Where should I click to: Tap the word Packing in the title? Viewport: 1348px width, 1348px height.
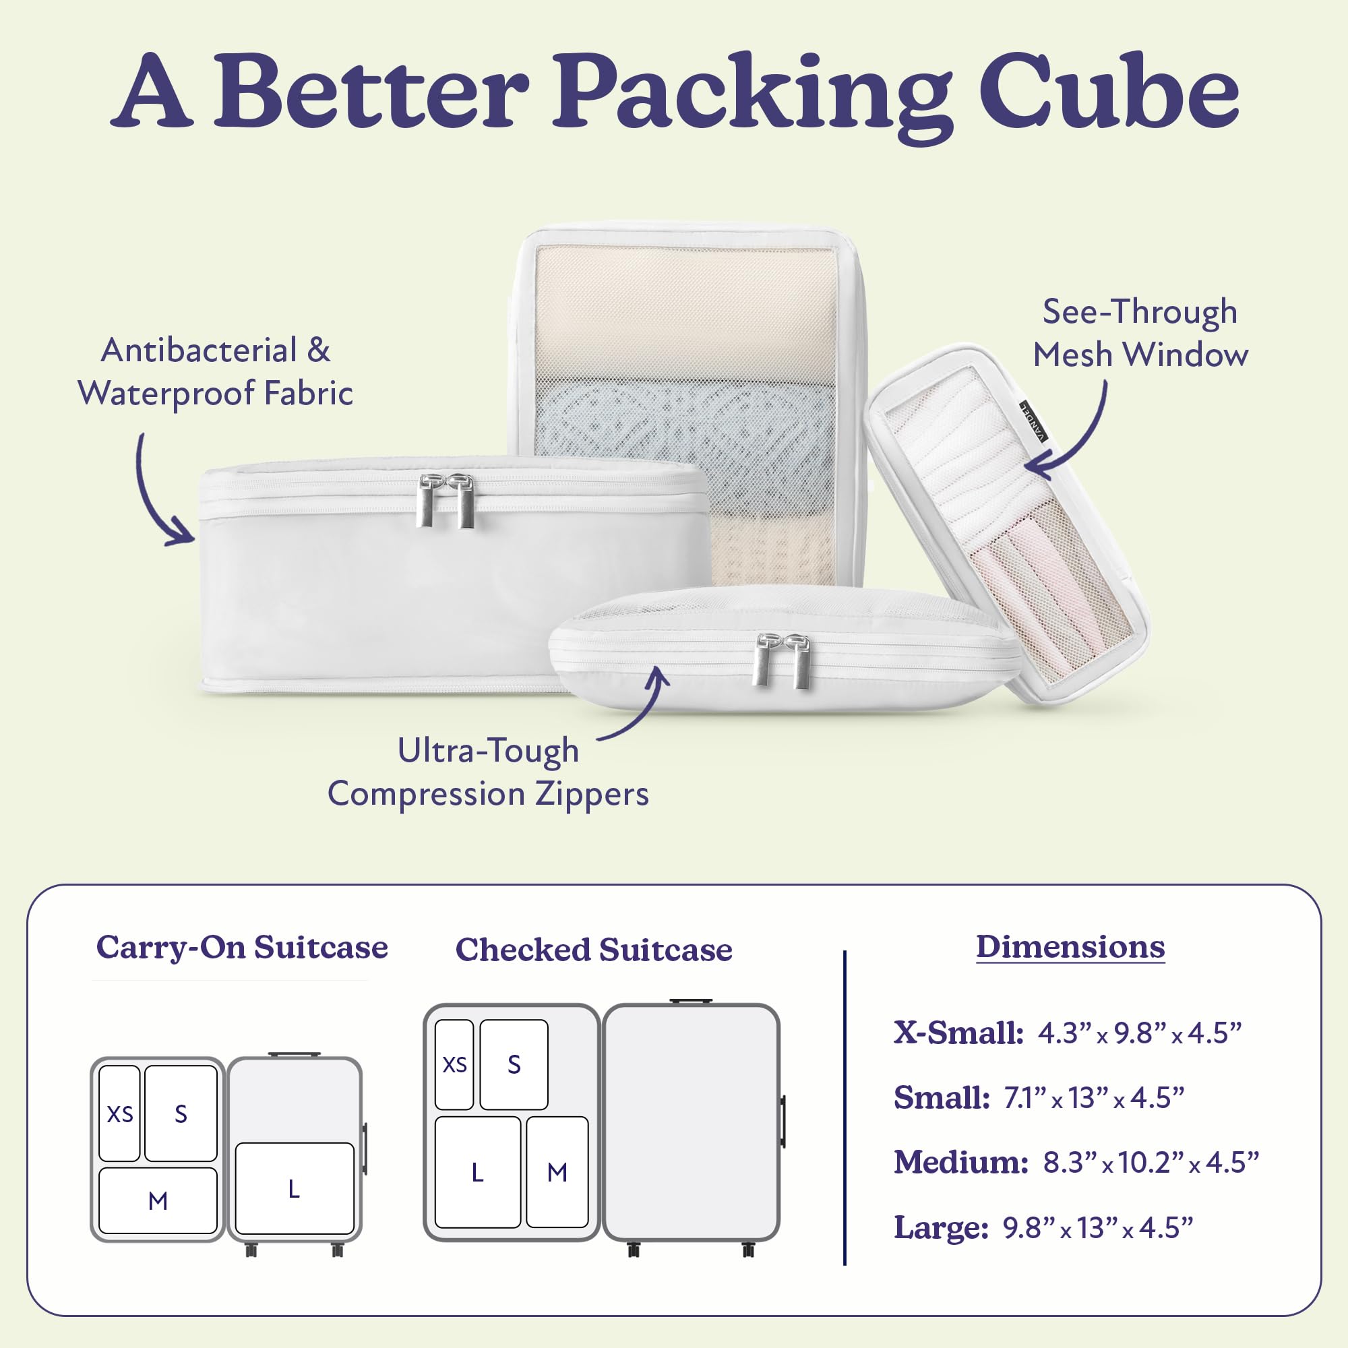(x=754, y=98)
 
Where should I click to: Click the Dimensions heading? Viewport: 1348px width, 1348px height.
(x=1070, y=947)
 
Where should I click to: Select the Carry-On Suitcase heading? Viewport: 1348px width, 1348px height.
(x=241, y=948)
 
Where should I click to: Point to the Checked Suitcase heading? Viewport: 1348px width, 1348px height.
(x=594, y=950)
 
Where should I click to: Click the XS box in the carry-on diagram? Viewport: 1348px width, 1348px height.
(x=119, y=1113)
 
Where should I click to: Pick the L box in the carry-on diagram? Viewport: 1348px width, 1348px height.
(x=295, y=1188)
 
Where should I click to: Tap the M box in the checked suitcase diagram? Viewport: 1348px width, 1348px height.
(x=557, y=1172)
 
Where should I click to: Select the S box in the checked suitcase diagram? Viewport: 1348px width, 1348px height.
(x=514, y=1064)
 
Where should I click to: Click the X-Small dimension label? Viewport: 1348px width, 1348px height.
(x=958, y=1033)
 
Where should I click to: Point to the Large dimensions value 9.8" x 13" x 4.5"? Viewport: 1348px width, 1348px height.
(x=1097, y=1228)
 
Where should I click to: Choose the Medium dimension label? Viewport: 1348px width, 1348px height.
(x=960, y=1163)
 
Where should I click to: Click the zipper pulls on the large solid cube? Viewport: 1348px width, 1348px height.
(x=445, y=499)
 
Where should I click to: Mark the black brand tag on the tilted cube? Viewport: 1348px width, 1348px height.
(x=1034, y=421)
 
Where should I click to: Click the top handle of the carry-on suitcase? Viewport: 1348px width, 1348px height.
(x=295, y=1054)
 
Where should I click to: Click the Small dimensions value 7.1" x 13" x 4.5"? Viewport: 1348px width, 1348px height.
(x=1094, y=1097)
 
